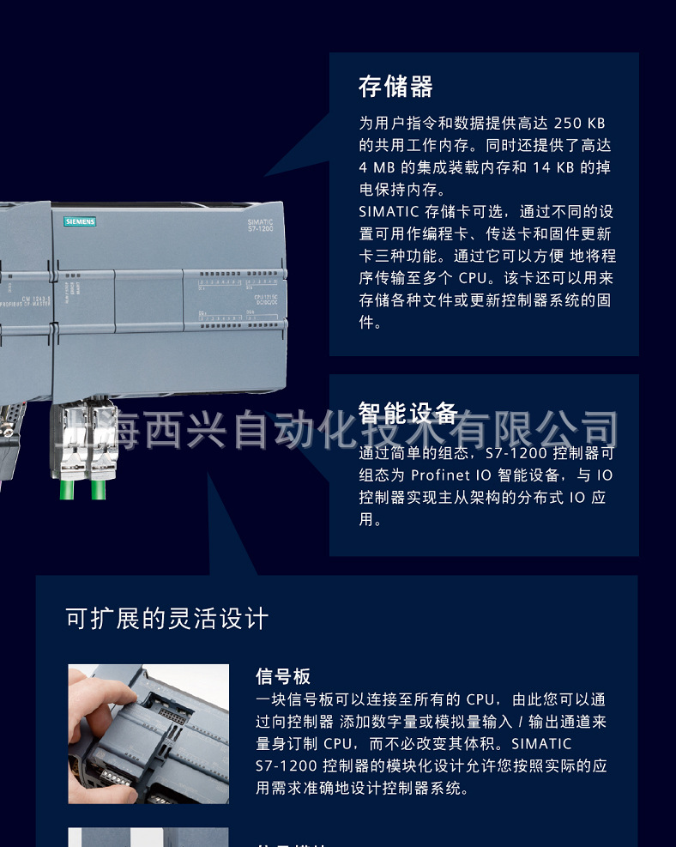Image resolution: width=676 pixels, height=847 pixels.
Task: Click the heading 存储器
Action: (x=395, y=87)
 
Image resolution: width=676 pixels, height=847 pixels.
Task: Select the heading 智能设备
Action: (x=407, y=414)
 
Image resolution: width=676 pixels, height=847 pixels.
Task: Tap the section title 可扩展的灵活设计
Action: (x=167, y=618)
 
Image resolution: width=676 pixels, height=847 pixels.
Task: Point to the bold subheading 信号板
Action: (x=283, y=677)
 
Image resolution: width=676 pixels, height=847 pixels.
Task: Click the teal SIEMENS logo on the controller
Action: (x=80, y=221)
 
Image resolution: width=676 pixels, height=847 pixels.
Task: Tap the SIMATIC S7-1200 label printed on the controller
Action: (x=259, y=226)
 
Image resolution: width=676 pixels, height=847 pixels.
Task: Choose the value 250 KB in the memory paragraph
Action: (x=579, y=124)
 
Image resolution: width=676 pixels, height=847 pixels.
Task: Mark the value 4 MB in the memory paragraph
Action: (x=377, y=167)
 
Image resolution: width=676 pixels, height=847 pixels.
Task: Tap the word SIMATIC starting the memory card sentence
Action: (x=389, y=212)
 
